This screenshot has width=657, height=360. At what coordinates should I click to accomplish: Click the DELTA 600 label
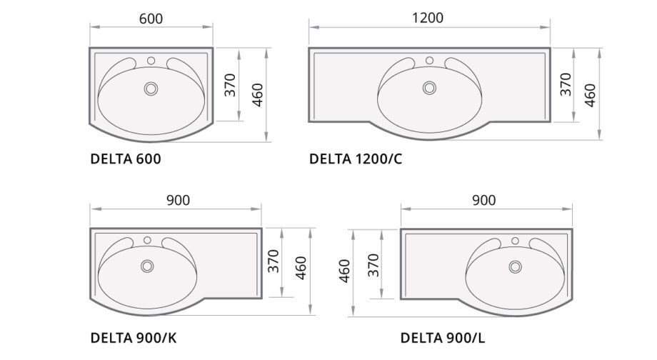coord(126,159)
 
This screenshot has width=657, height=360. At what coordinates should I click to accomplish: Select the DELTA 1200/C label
coord(356,159)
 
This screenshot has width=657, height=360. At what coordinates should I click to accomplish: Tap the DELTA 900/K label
coord(134,338)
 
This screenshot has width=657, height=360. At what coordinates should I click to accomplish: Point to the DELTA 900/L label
coord(443,338)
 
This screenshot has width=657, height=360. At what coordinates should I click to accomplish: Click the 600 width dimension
coord(151,19)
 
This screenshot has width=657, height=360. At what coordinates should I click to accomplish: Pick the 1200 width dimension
coord(427,18)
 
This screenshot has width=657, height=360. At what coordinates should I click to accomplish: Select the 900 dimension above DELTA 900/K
coord(178,200)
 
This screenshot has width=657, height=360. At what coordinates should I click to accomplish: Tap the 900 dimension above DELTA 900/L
coord(484,200)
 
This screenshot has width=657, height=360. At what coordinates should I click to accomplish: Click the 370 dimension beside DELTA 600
coord(230,85)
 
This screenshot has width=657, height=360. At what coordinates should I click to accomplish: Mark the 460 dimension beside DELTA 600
coord(258,95)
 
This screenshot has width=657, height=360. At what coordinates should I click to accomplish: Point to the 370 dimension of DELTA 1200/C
coord(566,84)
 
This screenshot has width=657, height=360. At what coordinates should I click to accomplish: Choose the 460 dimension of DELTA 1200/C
coord(590,96)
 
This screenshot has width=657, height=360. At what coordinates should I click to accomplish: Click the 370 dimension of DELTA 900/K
coord(274,261)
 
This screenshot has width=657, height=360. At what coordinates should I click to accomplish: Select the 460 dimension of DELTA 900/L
coord(344,271)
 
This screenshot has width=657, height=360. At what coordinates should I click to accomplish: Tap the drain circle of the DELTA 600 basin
coord(151,89)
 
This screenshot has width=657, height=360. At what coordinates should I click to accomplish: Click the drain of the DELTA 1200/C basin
coord(429,88)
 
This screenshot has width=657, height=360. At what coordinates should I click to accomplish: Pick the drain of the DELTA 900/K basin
coord(147,266)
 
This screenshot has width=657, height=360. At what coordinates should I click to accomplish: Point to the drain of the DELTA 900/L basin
coord(515,266)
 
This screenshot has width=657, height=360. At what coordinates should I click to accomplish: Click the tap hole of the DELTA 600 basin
coord(151,61)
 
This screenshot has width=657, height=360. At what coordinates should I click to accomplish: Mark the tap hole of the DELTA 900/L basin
coord(515,241)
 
